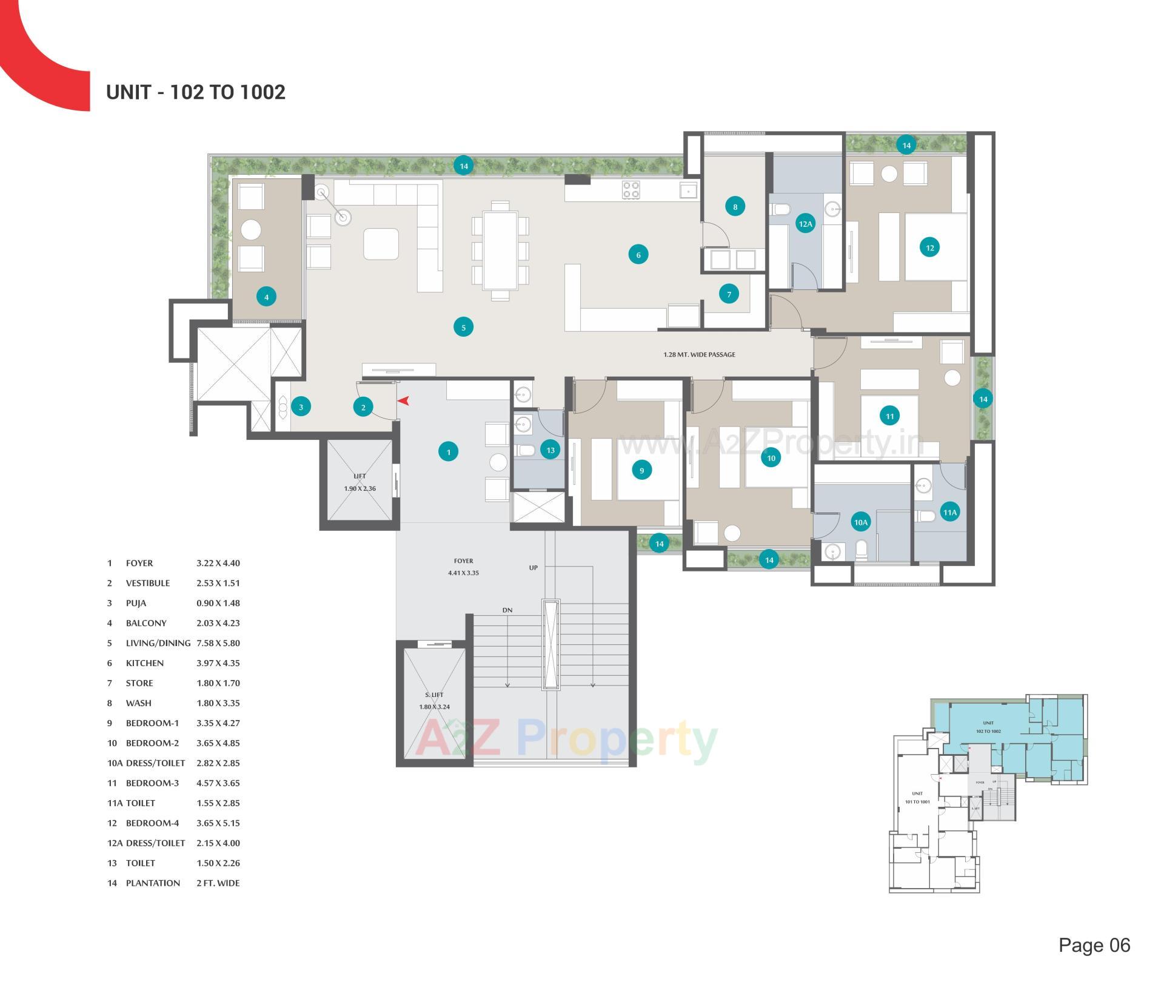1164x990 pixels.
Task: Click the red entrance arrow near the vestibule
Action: [x=404, y=400]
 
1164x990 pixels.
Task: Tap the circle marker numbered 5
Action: [x=463, y=328]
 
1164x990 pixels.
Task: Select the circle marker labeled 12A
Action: [x=805, y=224]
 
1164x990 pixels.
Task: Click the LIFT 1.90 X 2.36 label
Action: [x=360, y=482]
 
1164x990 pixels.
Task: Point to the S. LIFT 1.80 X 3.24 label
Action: [x=434, y=701]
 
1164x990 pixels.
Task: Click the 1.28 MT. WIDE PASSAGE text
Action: [x=699, y=354]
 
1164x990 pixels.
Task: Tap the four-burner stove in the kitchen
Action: [x=630, y=190]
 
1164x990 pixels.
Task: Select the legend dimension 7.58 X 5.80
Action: [x=218, y=643]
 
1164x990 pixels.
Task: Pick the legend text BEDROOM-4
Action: [x=152, y=823]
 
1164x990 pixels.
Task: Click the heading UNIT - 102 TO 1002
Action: [x=195, y=92]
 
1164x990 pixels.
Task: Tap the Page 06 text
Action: [x=1094, y=945]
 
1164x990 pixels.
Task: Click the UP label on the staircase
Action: [x=533, y=568]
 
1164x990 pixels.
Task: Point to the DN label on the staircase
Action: [x=507, y=610]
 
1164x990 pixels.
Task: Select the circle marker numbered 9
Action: [x=641, y=470]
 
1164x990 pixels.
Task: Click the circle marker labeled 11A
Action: [x=949, y=513]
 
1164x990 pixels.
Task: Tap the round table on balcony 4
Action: [x=250, y=230]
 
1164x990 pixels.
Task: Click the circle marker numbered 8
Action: [x=735, y=207]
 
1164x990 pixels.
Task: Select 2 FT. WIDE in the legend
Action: [x=218, y=883]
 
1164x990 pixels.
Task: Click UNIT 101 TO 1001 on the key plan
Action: [x=917, y=798]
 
